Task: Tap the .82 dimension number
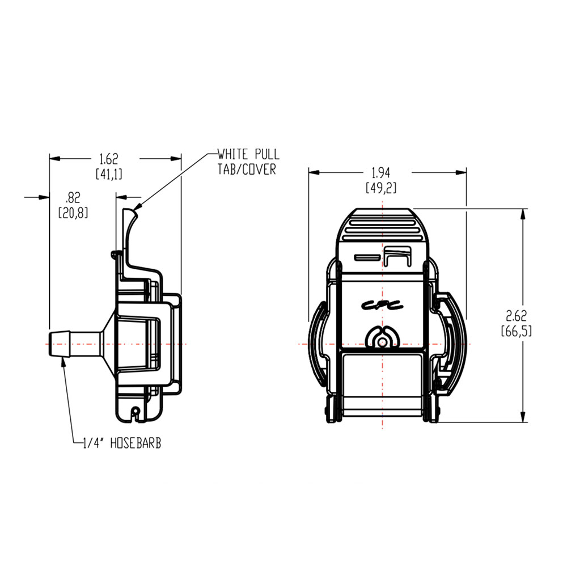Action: [73, 197]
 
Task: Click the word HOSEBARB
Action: [136, 443]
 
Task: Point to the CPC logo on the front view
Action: [383, 304]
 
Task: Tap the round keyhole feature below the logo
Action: [383, 340]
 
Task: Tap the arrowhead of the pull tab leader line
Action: [139, 204]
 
